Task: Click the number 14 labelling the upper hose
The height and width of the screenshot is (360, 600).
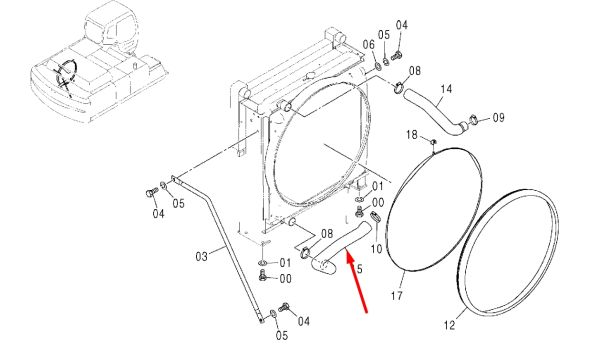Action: point(446,89)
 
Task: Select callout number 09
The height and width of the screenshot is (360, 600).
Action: point(498,117)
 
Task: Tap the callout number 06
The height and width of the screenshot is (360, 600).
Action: point(368,44)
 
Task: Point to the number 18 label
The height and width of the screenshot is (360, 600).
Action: point(412,135)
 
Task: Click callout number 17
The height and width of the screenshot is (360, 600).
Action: point(397,295)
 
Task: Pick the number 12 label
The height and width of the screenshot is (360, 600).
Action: point(450,326)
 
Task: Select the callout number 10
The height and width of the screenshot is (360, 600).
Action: point(377,249)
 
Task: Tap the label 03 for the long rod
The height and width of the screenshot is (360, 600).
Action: point(202,256)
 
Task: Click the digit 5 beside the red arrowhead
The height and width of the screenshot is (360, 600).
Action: point(359,269)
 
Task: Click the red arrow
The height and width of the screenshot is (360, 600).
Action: point(357,281)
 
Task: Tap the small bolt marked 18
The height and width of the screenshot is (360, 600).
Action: point(434,142)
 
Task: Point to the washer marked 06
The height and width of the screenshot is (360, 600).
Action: point(377,67)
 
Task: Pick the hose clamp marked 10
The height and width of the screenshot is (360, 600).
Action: point(375,217)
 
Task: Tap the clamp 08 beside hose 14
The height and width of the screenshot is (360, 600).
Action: point(399,88)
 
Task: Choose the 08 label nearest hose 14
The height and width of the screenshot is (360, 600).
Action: point(415,71)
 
